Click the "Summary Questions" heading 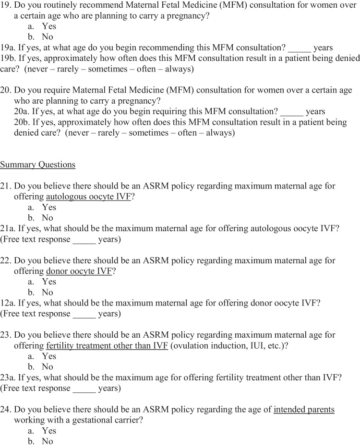(37, 165)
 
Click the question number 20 (6, 90)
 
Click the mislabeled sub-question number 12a (8, 303)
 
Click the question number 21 (6, 186)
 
